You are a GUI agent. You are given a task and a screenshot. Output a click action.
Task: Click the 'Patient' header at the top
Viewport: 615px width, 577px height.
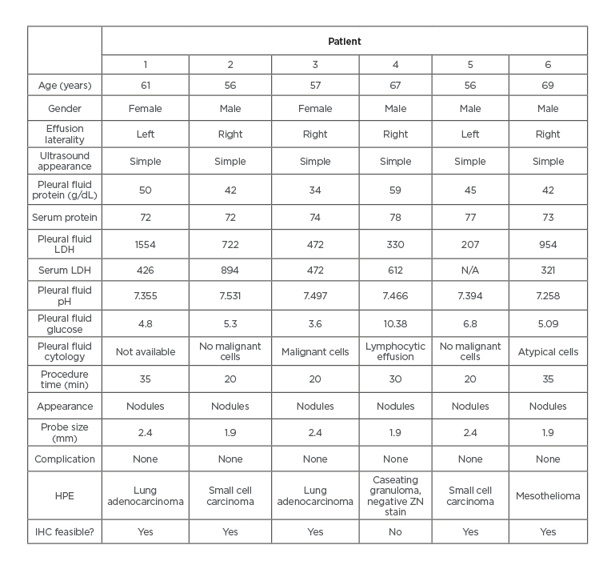click(345, 41)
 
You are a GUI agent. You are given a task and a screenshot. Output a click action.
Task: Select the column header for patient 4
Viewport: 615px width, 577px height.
click(395, 65)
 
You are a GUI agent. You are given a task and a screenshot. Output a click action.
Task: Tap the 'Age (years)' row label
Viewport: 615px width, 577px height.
click(64, 86)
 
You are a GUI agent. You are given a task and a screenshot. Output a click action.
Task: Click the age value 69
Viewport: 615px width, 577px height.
click(548, 86)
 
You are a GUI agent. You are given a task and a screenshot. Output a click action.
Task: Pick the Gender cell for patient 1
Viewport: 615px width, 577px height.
click(146, 108)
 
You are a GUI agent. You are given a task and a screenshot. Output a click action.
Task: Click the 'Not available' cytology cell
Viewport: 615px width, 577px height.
click(146, 351)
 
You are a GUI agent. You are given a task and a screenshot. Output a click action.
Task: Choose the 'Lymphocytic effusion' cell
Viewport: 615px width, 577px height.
click(395, 351)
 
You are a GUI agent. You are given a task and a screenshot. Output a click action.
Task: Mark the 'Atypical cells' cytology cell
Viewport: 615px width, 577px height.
click(548, 351)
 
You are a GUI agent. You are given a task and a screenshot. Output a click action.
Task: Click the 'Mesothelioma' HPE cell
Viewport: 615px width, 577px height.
click(548, 495)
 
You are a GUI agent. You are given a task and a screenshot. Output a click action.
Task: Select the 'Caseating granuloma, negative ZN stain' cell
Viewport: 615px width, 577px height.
click(395, 495)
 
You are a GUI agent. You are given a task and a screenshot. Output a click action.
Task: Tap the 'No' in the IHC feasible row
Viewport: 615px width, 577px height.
click(395, 531)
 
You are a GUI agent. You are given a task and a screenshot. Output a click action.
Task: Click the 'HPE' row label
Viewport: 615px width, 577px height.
click(64, 495)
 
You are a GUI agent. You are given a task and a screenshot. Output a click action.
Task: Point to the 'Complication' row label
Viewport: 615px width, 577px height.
click(64, 459)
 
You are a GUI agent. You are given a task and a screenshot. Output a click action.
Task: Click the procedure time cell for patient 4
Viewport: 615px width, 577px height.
click(395, 379)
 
